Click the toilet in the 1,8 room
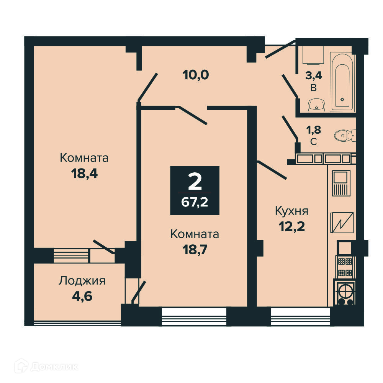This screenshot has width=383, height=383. point(345,135)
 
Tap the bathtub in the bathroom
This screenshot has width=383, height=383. point(342,82)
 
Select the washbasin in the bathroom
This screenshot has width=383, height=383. point(317,105)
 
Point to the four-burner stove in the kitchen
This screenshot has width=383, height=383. point(345,267)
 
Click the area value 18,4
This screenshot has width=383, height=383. point(84,174)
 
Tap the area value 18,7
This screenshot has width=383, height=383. point(195,250)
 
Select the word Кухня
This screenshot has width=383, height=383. point(291,211)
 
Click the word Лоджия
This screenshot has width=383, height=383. point(82,281)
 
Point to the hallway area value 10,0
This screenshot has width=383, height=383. point(196,75)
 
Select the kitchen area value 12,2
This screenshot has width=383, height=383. point(291,227)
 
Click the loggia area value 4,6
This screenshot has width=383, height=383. point(82,296)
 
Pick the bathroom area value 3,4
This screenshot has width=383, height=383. point(314,76)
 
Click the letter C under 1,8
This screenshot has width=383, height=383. point(314,142)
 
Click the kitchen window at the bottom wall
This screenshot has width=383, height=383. point(300,317)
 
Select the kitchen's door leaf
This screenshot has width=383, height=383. point(272,170)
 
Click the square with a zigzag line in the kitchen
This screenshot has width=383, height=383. point(342,223)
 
